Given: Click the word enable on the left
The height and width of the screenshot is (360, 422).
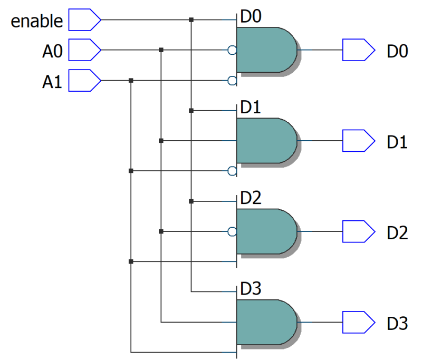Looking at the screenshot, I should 37,21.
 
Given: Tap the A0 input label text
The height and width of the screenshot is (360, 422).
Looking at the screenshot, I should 53,51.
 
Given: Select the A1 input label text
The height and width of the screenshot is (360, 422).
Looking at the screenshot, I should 53,82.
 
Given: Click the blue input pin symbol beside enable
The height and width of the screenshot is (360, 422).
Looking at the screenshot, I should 84,21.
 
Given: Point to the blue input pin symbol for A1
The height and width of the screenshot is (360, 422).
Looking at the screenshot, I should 84,81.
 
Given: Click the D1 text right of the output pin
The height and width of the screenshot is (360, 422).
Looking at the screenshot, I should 397,142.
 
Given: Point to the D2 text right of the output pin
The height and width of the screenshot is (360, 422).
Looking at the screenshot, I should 397,232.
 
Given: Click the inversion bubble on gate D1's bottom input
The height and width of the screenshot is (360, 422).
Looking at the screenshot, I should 232,171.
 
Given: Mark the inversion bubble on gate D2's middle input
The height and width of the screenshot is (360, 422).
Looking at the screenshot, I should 232,231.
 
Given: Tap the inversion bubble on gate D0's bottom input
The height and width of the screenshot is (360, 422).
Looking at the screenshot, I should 232,81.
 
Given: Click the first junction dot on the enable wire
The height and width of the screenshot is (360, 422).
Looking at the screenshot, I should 191,20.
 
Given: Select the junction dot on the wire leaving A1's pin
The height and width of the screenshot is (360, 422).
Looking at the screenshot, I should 131,81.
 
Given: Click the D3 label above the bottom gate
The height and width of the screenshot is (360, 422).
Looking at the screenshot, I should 251,289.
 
